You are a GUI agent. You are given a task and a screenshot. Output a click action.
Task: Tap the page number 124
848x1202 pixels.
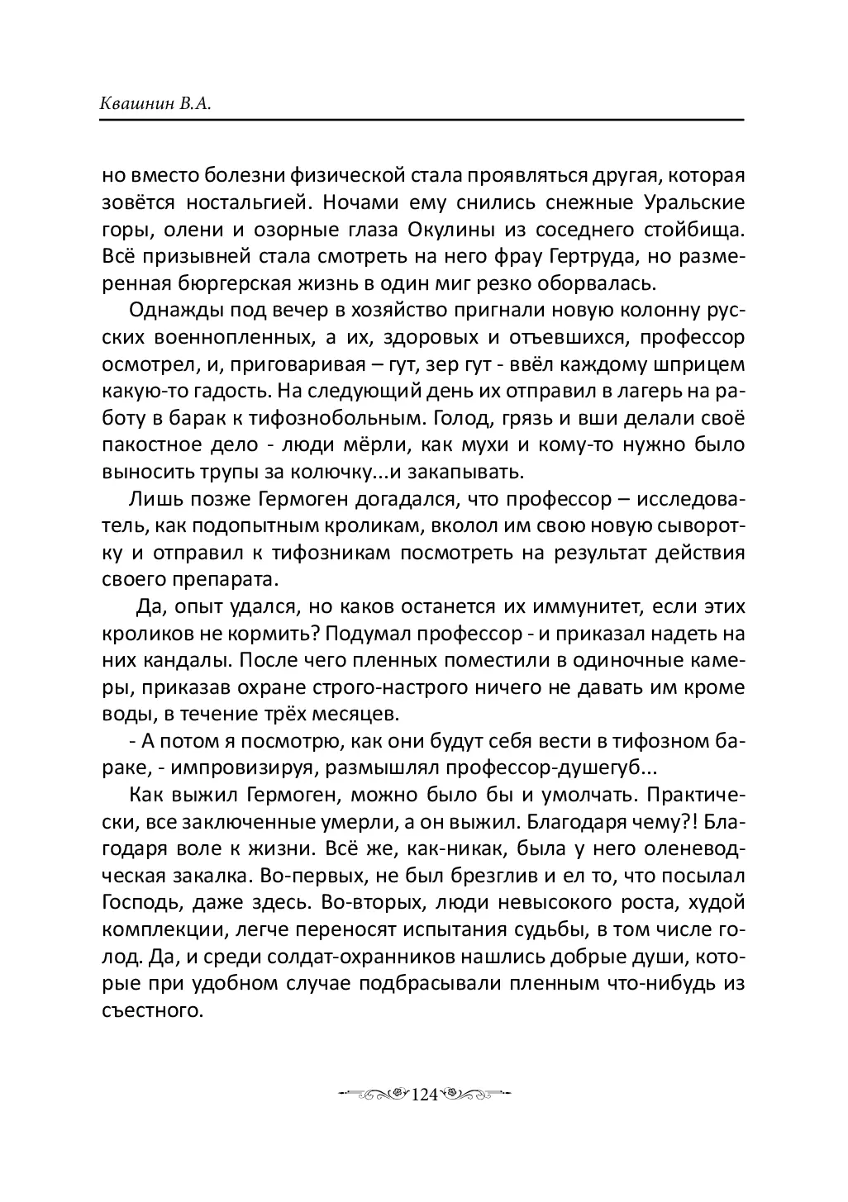point(423,1094)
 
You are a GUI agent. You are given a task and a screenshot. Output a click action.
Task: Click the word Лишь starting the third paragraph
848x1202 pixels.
point(152,499)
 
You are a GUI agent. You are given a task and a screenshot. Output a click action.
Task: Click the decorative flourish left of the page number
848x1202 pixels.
point(372,1094)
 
